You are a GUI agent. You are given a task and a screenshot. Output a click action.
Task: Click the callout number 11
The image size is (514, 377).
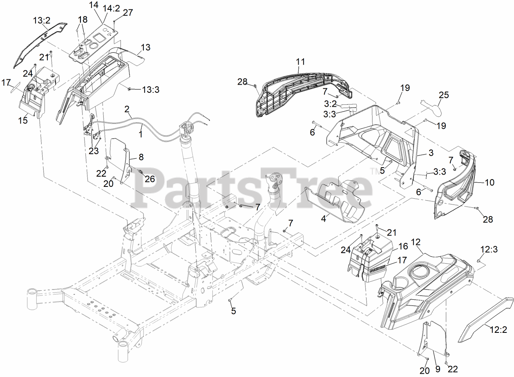coord(300,62)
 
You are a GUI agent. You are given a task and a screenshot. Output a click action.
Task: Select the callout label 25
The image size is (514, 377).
coord(444,95)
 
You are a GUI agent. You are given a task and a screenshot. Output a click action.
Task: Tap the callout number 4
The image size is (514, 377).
coord(323,219)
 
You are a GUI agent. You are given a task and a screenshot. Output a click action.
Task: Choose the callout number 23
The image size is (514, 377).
coord(94,150)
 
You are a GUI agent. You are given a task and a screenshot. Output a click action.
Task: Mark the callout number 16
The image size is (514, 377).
coord(403,246)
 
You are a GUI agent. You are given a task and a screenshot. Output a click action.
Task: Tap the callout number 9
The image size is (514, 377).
coord(437,369)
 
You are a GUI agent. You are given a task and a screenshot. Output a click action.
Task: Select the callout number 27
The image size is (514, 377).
coord(128,13)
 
